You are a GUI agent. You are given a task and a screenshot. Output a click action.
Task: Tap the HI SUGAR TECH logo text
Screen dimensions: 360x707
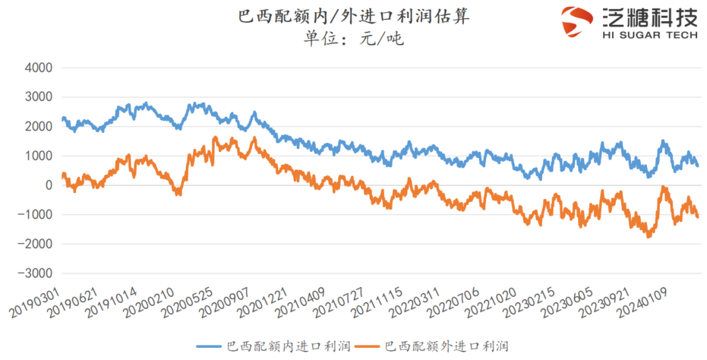tap(649, 35)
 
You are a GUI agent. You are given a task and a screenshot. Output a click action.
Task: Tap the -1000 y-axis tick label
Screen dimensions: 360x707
tap(36, 215)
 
